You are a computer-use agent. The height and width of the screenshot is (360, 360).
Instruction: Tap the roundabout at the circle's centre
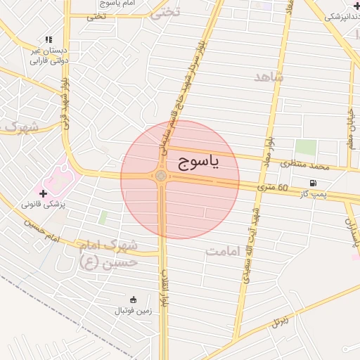click(161, 176)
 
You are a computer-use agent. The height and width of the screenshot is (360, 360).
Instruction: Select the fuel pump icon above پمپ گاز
click(312, 183)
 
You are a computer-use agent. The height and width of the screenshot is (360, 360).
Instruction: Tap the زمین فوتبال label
click(132, 310)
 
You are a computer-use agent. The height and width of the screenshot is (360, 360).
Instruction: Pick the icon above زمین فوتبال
click(133, 300)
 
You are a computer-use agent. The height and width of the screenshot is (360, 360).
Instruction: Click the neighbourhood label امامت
click(224, 251)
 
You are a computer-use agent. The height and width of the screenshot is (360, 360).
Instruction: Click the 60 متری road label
click(273, 188)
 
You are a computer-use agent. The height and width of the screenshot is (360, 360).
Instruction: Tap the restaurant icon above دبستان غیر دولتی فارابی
click(49, 40)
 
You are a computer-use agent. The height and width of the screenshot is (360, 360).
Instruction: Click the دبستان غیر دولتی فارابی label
click(49, 56)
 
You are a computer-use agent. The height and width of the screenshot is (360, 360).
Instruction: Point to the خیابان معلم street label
click(350, 122)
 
